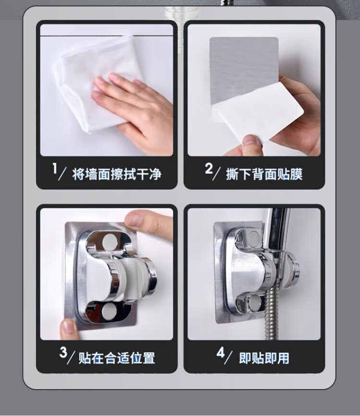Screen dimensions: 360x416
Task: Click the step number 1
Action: tap(55, 169)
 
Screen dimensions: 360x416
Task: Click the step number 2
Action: tap(209, 169)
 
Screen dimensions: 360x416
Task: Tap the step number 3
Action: tap(63, 352)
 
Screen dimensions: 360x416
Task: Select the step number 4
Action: tap(220, 352)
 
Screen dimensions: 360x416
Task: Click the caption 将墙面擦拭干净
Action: tap(117, 174)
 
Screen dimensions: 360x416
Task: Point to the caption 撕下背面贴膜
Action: tap(264, 174)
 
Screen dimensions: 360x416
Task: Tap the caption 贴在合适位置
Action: tap(117, 358)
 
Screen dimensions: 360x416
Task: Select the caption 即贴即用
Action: tap(264, 358)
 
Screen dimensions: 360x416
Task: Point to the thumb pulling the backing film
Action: tap(252, 143)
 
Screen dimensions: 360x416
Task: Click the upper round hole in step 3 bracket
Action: tap(109, 242)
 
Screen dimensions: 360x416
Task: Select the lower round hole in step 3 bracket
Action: tap(109, 312)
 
